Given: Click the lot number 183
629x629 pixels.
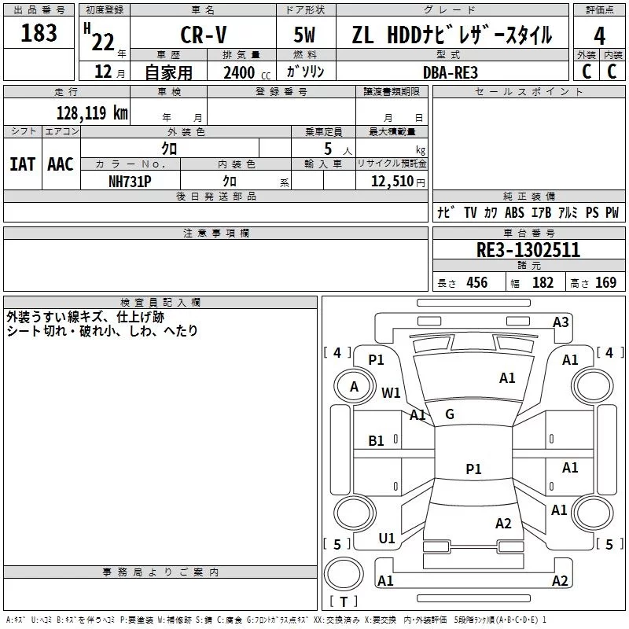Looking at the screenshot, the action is [39, 33].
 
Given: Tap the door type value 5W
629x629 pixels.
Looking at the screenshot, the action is [307, 35].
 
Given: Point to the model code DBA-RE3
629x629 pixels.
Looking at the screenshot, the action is [451, 72].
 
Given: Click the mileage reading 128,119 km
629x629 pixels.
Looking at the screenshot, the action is [92, 112].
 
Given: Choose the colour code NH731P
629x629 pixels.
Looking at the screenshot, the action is [131, 180].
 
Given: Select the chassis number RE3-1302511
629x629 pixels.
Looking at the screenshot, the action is [528, 250].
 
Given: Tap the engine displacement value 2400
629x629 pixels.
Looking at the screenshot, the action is [239, 72].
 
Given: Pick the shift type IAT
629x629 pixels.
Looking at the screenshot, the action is [22, 164].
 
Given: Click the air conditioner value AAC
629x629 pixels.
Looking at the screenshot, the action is [61, 164].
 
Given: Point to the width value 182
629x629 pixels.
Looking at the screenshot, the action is [543, 283].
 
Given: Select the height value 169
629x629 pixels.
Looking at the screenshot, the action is [605, 283].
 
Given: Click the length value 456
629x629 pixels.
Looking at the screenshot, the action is [476, 283].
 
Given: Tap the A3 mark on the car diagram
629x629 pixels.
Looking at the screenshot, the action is [561, 322].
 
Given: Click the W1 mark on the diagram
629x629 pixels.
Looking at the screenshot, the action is [391, 392].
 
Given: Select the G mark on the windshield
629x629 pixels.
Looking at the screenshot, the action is [449, 414].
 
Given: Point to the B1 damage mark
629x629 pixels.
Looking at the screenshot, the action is [377, 441].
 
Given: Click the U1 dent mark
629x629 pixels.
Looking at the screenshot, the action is [387, 538].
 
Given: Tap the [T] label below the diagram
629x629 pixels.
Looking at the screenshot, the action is [343, 602].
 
